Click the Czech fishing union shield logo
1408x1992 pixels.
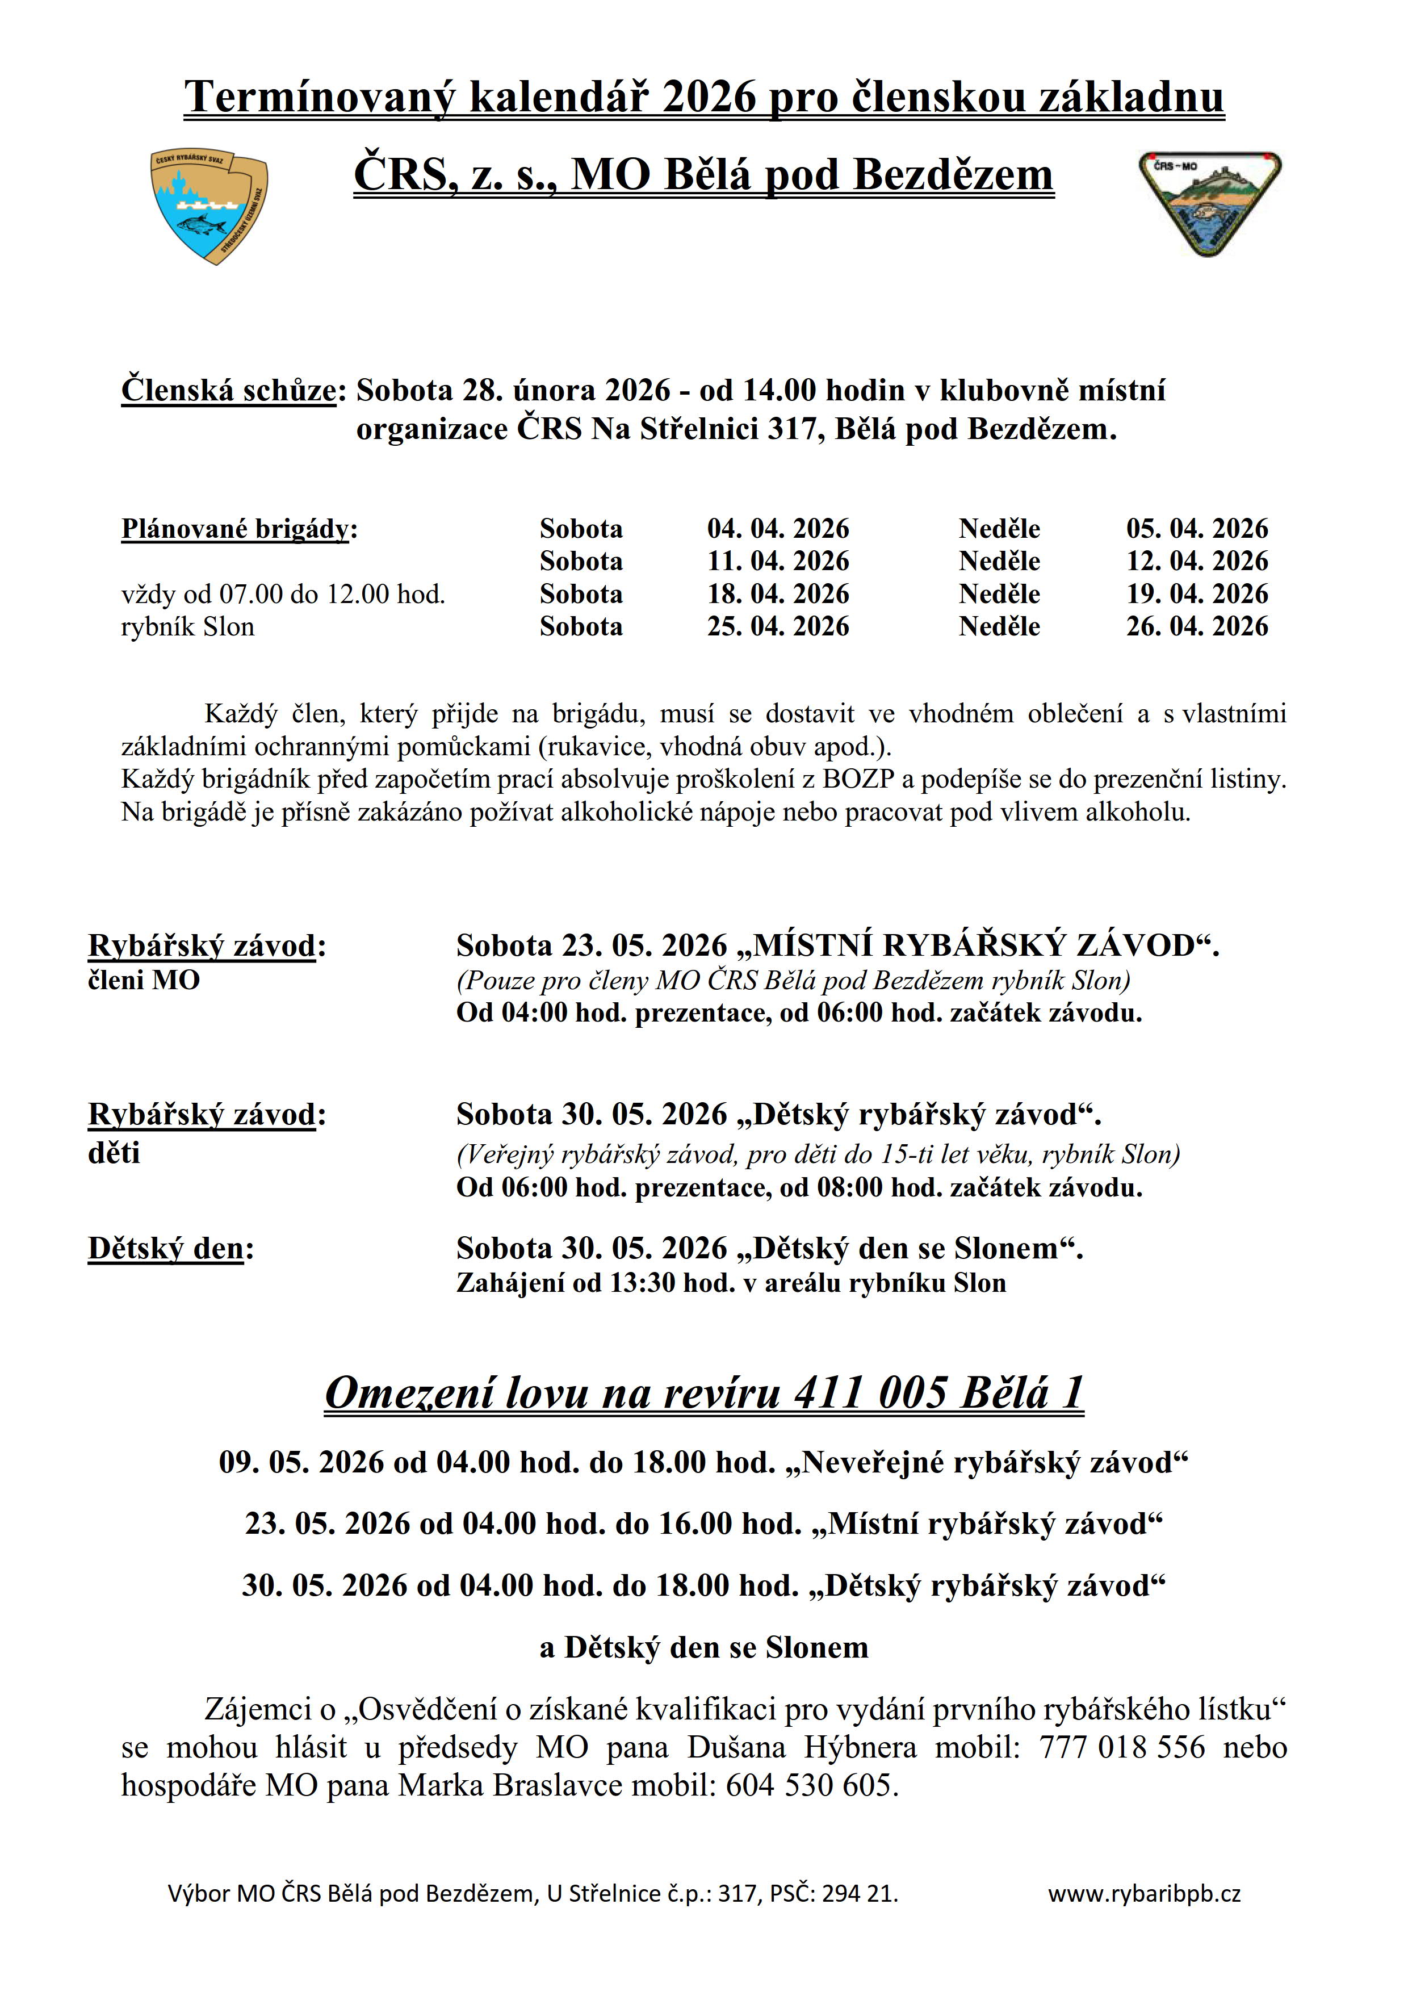coord(209,207)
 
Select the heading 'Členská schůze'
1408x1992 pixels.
coord(228,391)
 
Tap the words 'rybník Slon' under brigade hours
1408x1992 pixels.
coord(187,626)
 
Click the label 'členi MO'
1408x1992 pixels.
coord(144,980)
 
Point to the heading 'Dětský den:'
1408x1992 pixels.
coord(170,1249)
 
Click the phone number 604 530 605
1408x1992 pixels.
coord(808,1785)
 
